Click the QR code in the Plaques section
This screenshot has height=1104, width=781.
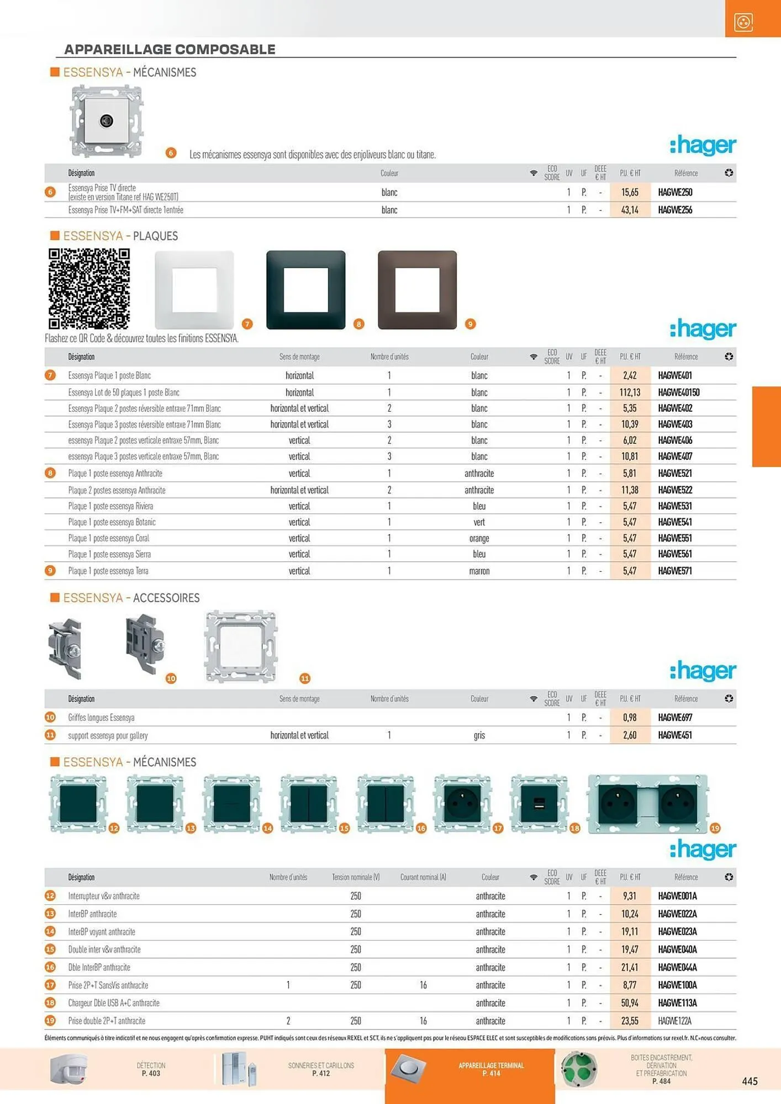[x=89, y=288]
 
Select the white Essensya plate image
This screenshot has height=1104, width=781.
[x=194, y=290]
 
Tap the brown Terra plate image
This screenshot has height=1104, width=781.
[x=417, y=290]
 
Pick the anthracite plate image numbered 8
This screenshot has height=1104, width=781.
[x=305, y=290]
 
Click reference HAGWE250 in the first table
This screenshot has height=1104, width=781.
[x=675, y=192]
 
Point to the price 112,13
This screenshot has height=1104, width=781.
[x=630, y=392]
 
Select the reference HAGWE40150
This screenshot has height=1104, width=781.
[x=678, y=392]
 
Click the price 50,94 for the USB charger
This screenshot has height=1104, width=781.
[x=630, y=1003]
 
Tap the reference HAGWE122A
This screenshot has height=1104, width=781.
[x=674, y=1021]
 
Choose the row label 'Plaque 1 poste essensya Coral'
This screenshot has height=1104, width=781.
[x=109, y=538]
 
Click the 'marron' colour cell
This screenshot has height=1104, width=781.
[x=479, y=571]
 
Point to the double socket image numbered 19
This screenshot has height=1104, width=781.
[x=647, y=803]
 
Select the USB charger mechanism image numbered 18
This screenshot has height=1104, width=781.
[x=539, y=803]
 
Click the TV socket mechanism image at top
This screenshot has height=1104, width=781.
[x=107, y=121]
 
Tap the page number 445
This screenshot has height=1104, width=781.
[x=750, y=1081]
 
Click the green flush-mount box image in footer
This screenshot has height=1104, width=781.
[x=579, y=1069]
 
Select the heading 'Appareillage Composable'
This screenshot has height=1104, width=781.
[x=170, y=49]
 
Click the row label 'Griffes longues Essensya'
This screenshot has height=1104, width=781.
[x=102, y=718]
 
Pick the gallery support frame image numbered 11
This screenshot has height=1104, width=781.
[x=241, y=646]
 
